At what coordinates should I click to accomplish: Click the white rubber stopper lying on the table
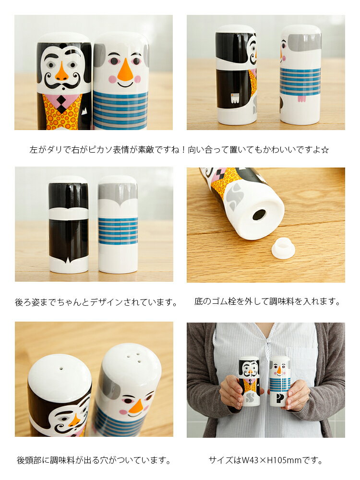coord(283,249)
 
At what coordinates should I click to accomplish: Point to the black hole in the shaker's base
coord(259,215)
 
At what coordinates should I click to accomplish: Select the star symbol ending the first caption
coord(325,150)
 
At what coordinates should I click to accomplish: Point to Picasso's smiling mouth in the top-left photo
coord(125,84)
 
